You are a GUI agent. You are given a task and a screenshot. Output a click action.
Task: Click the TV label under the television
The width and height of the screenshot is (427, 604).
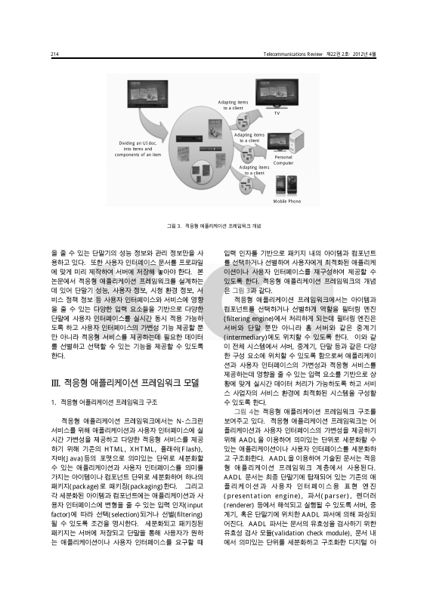[x=277, y=113]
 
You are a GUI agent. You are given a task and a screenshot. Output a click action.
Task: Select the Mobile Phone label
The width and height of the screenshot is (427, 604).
[x=286, y=202]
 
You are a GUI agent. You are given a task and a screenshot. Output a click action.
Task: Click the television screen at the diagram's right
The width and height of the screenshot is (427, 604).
[x=285, y=91]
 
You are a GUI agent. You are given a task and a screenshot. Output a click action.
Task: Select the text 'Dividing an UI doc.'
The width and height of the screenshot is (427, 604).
[x=136, y=143]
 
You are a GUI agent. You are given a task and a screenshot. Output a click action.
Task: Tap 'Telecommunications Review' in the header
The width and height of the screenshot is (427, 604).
[x=295, y=54]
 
